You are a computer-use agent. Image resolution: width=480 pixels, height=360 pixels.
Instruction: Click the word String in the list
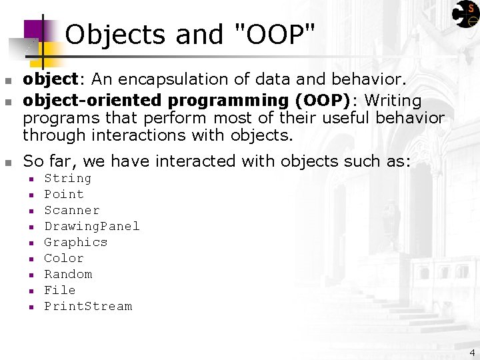click(67, 179)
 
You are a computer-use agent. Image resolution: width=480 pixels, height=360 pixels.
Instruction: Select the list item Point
click(63, 195)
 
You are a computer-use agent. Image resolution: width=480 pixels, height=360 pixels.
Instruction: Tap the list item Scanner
click(71, 211)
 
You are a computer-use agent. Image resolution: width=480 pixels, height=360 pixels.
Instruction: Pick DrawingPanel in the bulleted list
click(91, 227)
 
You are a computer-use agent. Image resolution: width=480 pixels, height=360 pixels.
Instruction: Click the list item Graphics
click(75, 243)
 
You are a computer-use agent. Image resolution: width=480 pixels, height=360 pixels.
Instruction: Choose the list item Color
click(63, 259)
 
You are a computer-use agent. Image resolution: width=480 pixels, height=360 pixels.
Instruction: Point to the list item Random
click(68, 275)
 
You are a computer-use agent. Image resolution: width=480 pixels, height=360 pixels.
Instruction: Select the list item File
click(59, 291)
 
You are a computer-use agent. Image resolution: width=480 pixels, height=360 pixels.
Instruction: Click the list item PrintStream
click(88, 307)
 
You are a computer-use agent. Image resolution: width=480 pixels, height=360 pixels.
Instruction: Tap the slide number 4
click(472, 353)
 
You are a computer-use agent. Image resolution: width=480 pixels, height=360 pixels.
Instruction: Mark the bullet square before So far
click(8, 162)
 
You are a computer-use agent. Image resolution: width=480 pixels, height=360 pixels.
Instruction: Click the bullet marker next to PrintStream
click(31, 307)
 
